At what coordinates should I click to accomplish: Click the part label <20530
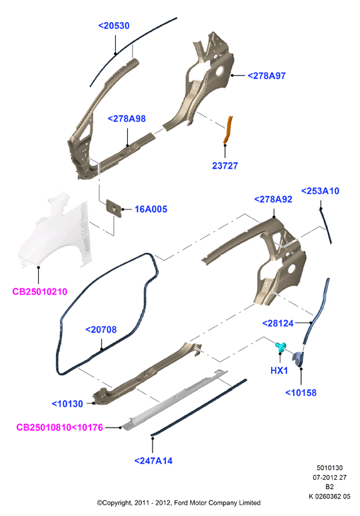click(114, 25)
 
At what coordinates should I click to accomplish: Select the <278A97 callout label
click(266, 76)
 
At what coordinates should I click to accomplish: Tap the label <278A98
click(126, 119)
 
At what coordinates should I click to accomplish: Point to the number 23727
click(225, 165)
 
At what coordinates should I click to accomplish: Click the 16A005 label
click(151, 209)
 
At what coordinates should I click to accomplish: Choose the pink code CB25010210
click(40, 292)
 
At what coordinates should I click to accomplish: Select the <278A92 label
click(273, 199)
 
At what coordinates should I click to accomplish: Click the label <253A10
click(320, 191)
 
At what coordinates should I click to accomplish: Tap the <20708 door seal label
click(101, 329)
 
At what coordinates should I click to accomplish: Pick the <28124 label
click(278, 323)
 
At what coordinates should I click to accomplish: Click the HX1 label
click(279, 371)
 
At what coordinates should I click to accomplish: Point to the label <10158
click(300, 393)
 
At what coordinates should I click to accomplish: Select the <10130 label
click(68, 404)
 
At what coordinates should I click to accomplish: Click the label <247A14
click(153, 460)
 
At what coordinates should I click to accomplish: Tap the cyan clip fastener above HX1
click(280, 347)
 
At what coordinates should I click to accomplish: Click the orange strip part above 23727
click(228, 129)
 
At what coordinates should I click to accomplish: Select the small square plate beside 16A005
click(114, 208)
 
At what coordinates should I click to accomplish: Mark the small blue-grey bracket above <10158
click(298, 359)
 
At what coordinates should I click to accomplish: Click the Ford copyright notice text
click(179, 503)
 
